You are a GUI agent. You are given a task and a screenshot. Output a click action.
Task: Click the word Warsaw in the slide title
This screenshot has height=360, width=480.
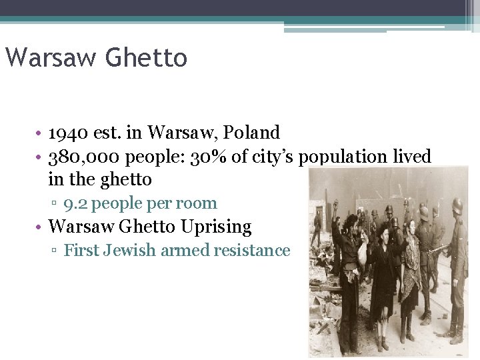point(50,58)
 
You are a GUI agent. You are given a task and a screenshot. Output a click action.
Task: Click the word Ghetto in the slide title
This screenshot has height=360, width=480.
point(145,58)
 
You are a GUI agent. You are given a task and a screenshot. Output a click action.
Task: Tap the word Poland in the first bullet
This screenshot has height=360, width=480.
point(253,133)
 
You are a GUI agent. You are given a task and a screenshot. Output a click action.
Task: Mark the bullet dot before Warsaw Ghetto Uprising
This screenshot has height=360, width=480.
point(40,227)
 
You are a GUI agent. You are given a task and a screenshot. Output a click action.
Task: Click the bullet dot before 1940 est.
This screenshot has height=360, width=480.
point(40,133)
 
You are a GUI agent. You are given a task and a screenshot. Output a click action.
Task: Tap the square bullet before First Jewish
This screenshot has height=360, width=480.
point(57,251)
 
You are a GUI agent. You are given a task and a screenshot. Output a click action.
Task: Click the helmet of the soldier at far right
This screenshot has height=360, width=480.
point(457,205)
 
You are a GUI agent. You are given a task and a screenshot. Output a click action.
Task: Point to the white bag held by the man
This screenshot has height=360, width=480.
point(362,252)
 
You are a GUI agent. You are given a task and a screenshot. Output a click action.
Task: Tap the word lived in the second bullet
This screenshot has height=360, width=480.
point(411,157)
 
